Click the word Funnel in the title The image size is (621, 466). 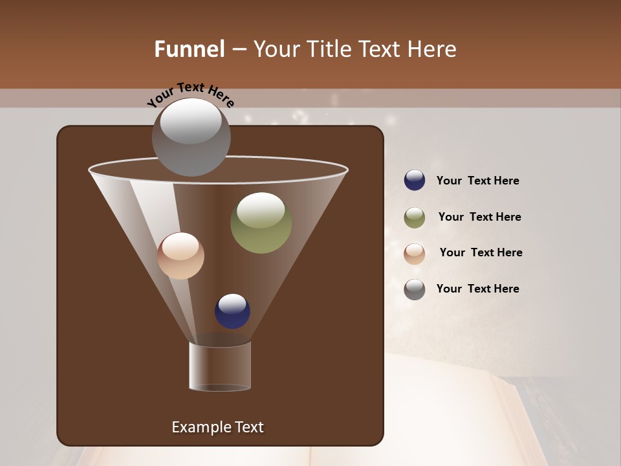(190, 49)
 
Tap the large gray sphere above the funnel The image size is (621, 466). (191, 137)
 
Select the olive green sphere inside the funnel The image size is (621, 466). (261, 223)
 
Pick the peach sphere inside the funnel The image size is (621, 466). (180, 256)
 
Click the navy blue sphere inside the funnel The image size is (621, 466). (232, 311)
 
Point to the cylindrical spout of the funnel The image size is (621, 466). (220, 366)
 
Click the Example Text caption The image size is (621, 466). (217, 427)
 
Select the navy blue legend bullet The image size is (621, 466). (415, 181)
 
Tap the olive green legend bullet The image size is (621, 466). (415, 217)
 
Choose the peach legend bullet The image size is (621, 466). (415, 253)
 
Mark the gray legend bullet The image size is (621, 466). (415, 289)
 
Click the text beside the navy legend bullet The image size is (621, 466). (477, 181)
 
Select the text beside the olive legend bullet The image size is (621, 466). (479, 217)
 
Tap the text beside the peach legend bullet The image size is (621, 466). (481, 253)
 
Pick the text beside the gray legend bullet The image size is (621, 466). (477, 289)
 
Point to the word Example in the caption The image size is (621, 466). (199, 427)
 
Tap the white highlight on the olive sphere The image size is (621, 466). (261, 210)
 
